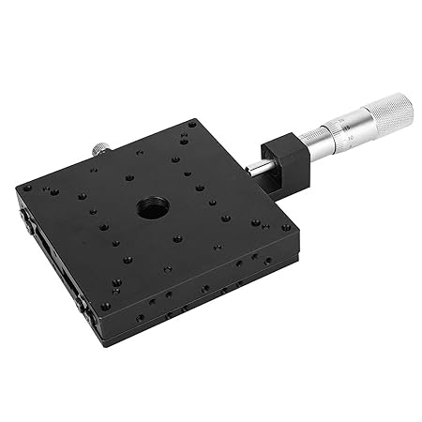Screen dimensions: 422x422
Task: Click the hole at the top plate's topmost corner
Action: [191, 124]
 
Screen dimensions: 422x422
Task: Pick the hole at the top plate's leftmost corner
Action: [27, 188]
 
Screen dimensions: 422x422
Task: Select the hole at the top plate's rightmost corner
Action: [286, 227]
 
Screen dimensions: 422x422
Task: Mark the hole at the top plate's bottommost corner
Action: [105, 306]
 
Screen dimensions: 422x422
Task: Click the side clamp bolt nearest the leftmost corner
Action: [23, 218]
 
